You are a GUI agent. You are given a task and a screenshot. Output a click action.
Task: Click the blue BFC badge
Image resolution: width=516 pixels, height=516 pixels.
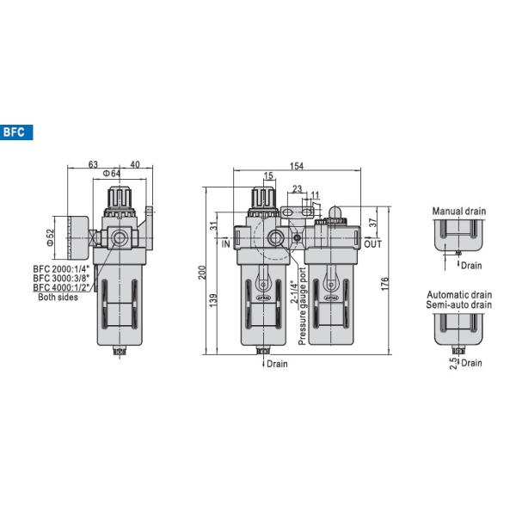pos(16,132)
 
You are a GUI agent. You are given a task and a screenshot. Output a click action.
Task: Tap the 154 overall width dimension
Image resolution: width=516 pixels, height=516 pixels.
pos(297,166)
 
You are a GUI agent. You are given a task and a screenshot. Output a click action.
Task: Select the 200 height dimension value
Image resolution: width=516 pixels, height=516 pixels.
pos(202,273)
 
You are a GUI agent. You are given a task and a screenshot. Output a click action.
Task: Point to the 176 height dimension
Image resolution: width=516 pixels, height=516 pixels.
pos(384,284)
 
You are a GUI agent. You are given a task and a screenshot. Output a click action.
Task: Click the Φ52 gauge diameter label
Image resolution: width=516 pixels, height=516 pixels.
pos(50,237)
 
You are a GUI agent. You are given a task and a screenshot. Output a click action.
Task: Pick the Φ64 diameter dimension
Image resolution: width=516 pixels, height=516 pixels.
pos(112,174)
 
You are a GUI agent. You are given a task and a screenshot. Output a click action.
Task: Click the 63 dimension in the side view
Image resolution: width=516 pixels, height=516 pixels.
pos(93,164)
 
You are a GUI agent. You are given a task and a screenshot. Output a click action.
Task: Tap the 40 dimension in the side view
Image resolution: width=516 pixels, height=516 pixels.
pos(135,164)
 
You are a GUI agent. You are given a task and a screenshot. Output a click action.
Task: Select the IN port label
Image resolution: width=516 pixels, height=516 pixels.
pos(225,244)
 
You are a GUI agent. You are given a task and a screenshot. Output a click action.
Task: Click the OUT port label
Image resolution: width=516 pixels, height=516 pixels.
pos(373,244)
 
